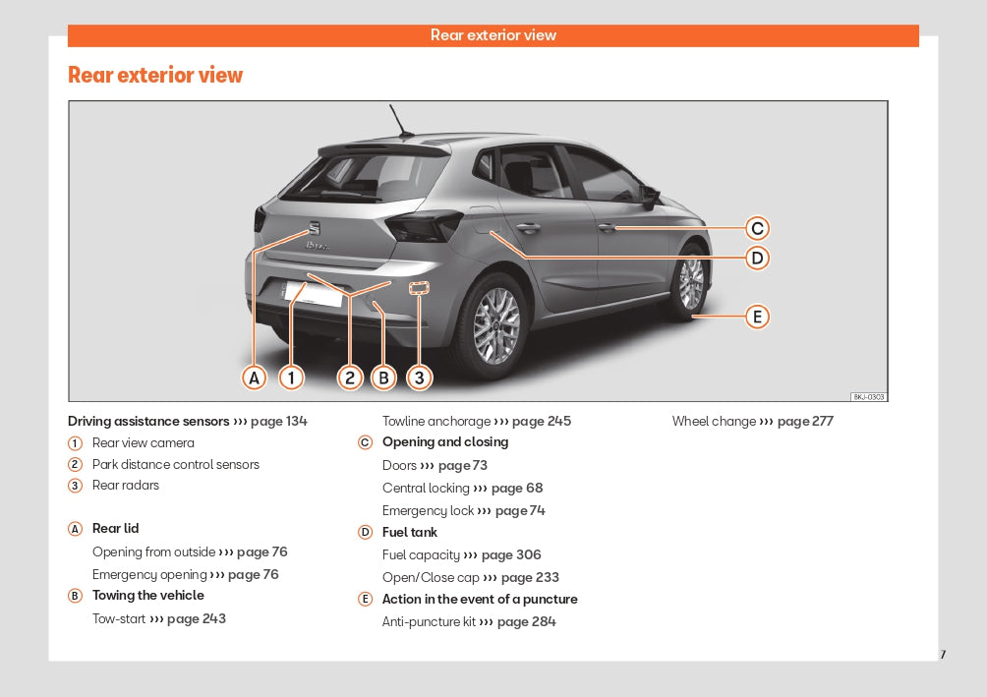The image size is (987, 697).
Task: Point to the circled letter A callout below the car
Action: [x=255, y=378]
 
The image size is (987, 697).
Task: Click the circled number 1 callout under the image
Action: [x=291, y=378]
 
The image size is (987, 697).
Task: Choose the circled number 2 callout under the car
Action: [x=350, y=378]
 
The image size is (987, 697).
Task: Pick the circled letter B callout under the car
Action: [x=383, y=378]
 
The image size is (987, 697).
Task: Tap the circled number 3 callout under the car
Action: [x=420, y=378]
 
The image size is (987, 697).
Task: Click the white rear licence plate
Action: [x=313, y=293]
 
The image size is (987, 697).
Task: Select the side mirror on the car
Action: [x=649, y=195]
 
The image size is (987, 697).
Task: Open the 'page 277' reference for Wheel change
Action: [x=805, y=422]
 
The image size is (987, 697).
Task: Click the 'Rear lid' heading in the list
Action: [x=116, y=529]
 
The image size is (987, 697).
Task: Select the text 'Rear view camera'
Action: [x=144, y=443]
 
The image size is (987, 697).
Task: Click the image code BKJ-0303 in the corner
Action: [x=868, y=397]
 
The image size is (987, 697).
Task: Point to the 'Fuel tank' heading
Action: [x=410, y=533]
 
